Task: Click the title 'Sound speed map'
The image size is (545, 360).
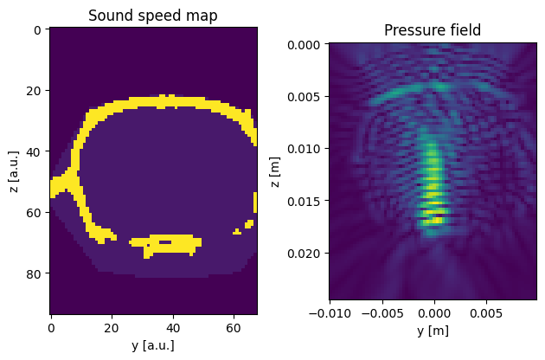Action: coord(153,16)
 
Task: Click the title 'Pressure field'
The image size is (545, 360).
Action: coord(433,30)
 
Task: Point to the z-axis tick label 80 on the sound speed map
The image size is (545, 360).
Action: coord(34,274)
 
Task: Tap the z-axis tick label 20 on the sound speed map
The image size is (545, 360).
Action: coord(34,91)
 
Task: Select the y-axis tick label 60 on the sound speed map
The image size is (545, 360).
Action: coord(234,328)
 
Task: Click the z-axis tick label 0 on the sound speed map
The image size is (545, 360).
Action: coord(37,30)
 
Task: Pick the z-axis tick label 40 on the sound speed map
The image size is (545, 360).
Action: coord(34,152)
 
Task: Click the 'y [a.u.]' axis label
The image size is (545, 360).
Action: coord(153,345)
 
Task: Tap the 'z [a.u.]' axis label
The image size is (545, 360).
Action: coord(13,171)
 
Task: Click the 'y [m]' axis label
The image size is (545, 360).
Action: coord(433,330)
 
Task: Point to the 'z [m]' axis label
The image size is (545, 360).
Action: coord(274,172)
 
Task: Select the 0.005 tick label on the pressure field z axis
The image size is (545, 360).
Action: coord(304,97)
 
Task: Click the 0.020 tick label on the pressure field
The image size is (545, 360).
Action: coord(304,254)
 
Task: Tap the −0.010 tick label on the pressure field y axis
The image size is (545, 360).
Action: coord(330,313)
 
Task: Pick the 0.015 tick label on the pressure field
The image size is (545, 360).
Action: coord(304,202)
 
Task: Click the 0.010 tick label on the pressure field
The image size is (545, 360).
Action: coord(304,149)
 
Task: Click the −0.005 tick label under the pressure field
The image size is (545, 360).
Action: coord(382,313)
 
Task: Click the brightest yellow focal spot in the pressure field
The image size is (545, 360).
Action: coord(436,220)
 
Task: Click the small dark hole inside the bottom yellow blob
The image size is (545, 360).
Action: coord(165,242)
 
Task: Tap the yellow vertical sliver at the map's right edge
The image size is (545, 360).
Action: coord(255,202)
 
